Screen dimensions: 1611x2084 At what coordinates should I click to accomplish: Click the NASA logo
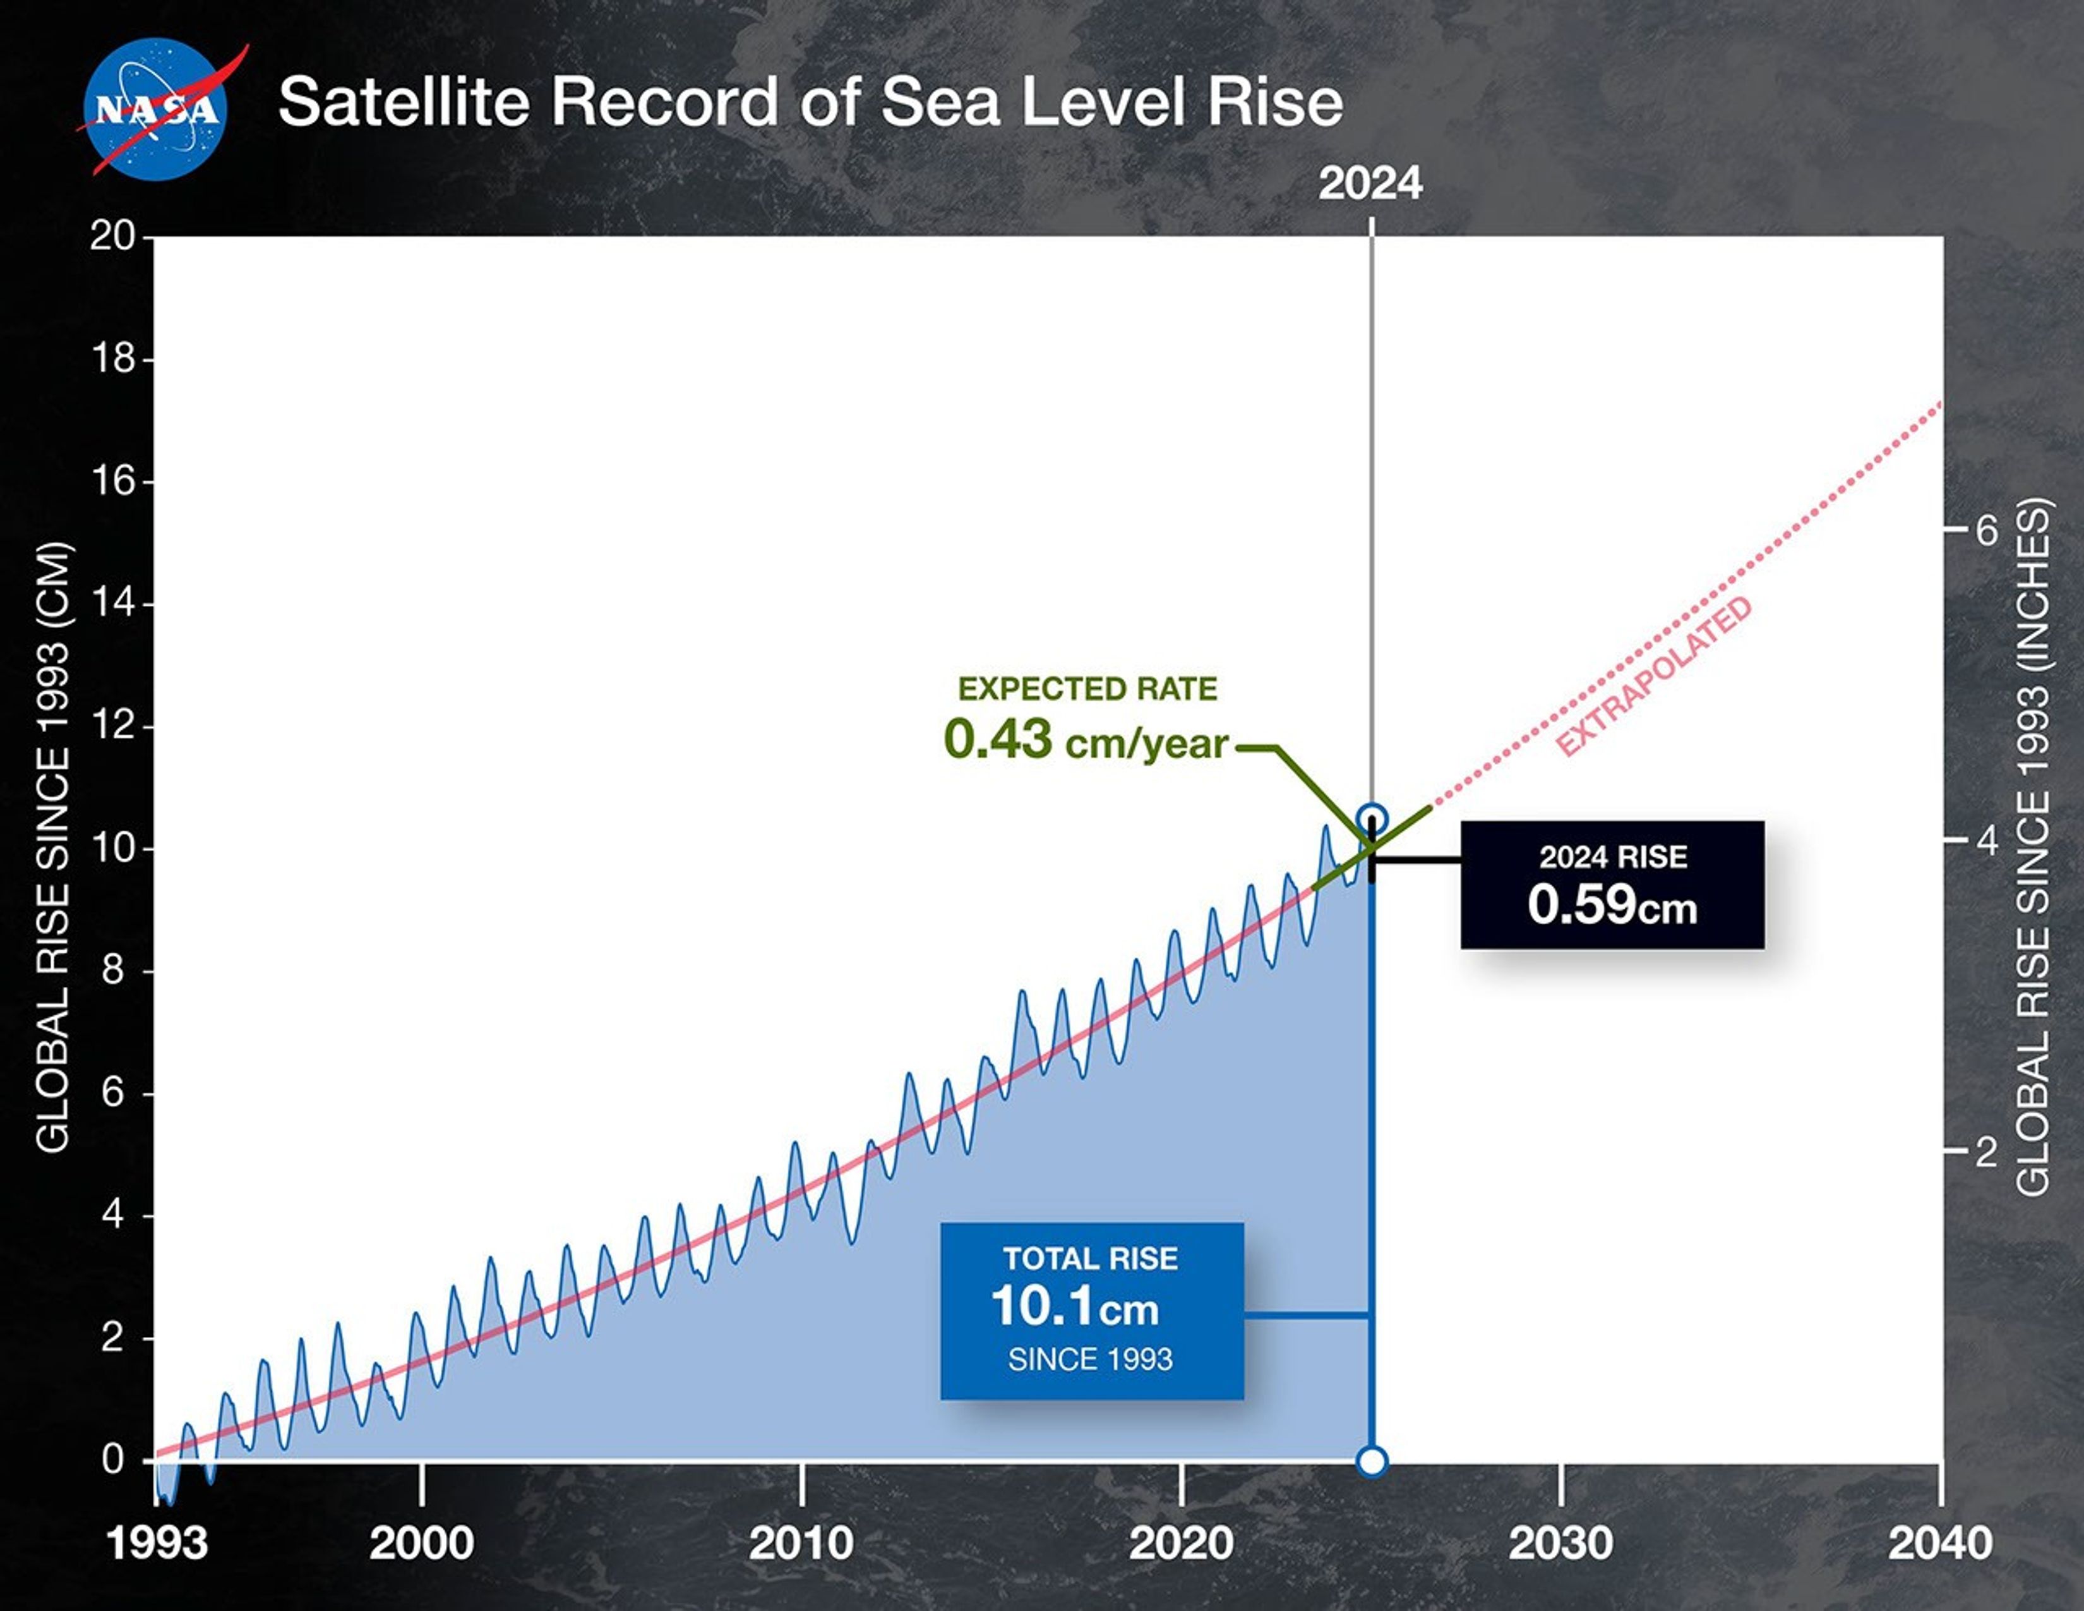(x=155, y=109)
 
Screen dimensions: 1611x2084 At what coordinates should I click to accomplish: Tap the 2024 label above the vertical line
(x=1370, y=183)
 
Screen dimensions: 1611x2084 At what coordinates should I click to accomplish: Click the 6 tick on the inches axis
(x=1985, y=531)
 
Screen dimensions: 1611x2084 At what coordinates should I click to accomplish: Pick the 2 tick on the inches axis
(x=1985, y=1154)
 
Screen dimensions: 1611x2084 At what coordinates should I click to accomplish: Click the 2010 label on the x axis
(x=801, y=1543)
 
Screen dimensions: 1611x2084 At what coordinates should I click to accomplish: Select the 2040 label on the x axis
(x=1940, y=1543)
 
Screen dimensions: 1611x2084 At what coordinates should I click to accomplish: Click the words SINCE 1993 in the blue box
(x=1090, y=1359)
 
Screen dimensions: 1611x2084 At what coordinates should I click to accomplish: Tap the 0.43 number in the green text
(x=997, y=740)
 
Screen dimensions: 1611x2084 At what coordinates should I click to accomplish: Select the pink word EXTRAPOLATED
(x=1654, y=677)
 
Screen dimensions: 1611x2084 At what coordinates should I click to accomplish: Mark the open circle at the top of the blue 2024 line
(x=1371, y=819)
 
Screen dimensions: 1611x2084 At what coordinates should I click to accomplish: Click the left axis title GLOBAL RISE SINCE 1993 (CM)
(x=54, y=847)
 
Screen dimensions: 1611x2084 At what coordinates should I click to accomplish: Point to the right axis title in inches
(x=2032, y=847)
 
